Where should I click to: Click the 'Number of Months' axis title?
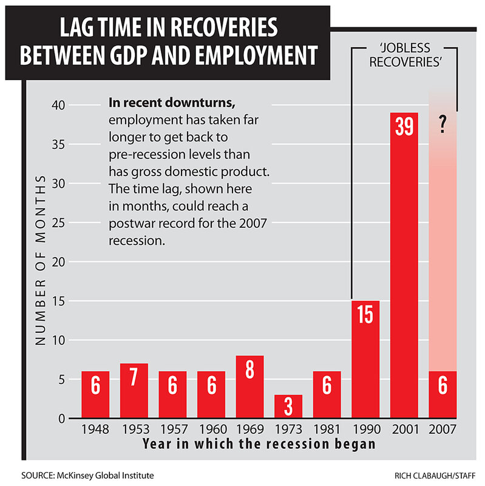(41, 261)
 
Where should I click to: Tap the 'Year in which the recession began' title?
(259, 443)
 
